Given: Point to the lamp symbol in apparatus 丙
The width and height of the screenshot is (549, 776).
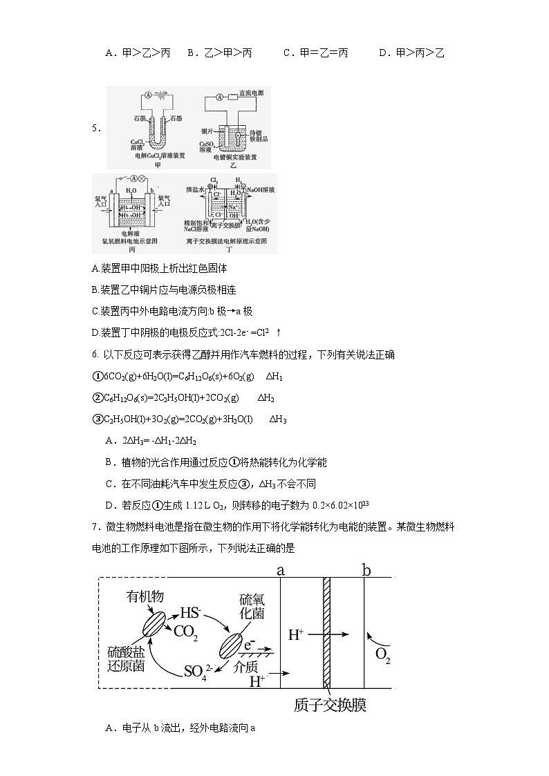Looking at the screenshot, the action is click(143, 178).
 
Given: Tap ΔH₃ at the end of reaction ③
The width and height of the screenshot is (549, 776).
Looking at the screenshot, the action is click(277, 419).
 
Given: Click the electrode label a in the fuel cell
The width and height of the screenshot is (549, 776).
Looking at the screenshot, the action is click(280, 570).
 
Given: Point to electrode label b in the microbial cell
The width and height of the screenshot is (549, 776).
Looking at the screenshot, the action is click(366, 570).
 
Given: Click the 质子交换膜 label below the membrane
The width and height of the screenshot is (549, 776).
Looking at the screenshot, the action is click(330, 706).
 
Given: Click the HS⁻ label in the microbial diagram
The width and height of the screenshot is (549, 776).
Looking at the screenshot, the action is click(189, 613).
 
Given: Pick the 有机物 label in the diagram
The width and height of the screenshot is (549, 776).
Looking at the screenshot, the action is click(145, 596).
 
